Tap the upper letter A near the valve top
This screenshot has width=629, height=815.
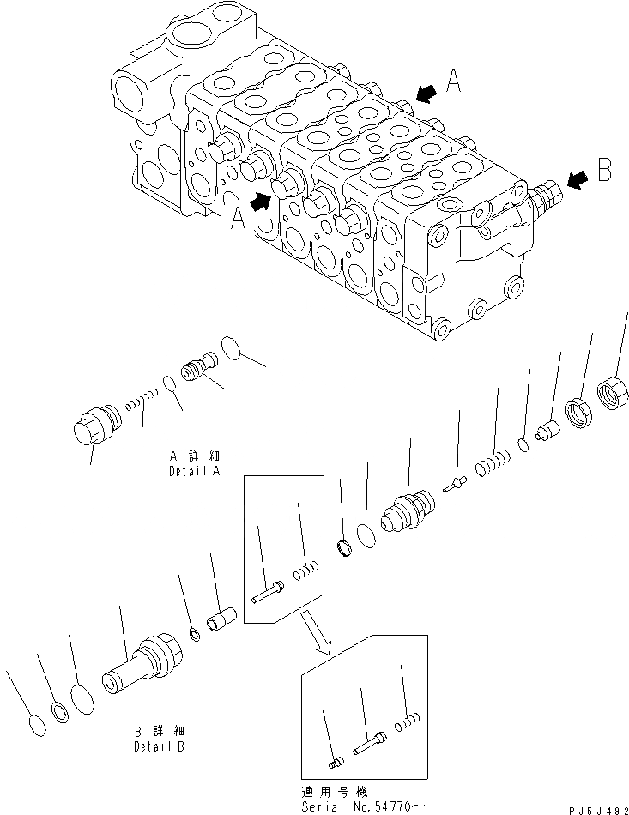(455, 81)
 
